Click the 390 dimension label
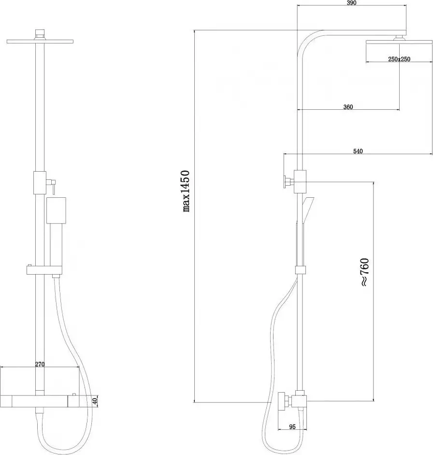tap(351, 3)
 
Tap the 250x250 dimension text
tap(399, 59)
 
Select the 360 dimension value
tap(348, 107)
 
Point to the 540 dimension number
tap(358, 151)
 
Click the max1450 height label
tap(186, 191)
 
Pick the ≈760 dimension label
tap(364, 272)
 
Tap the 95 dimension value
tap(292, 427)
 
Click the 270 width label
tap(40, 364)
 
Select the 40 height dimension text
tap(95, 401)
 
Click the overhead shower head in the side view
tap(399, 43)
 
